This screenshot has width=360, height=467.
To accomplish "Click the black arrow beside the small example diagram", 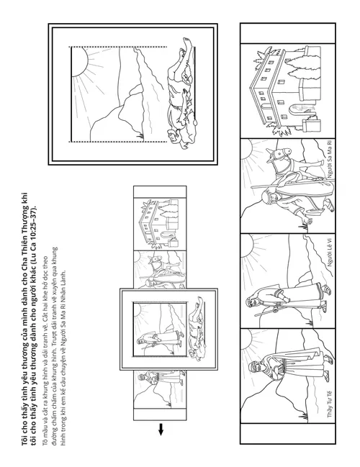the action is coord(161,429).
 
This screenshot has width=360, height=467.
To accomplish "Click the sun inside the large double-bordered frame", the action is coord(78,62).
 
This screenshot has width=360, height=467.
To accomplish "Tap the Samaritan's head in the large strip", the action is coord(266,196).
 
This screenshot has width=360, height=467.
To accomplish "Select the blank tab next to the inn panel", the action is coord(287,33).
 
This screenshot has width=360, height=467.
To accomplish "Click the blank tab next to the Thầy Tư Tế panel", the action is coord(287,433).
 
